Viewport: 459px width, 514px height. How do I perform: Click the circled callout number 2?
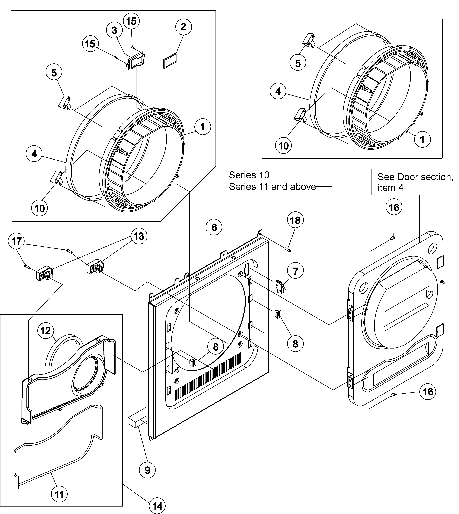183,27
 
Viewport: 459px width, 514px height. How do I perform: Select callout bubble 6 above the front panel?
214,227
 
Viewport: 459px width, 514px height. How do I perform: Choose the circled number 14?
157,506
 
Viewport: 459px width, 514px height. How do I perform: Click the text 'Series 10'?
249,175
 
